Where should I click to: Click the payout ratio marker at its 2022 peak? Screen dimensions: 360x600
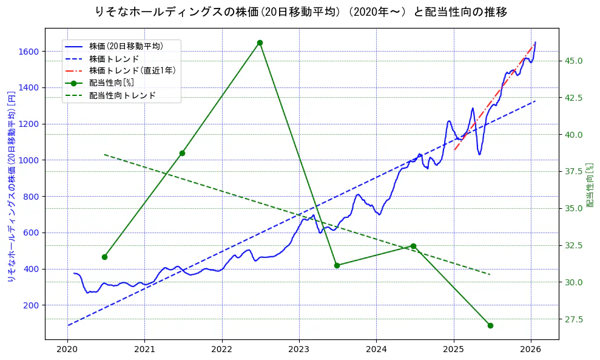[260, 42]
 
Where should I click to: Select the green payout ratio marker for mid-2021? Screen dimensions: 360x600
[182, 153]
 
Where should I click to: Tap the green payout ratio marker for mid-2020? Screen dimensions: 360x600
[104, 257]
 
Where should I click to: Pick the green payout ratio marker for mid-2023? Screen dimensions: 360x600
[337, 265]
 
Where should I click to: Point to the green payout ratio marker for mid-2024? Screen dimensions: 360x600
[413, 246]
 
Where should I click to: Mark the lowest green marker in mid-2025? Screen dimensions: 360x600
[490, 325]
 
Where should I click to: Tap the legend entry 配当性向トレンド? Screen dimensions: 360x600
[122, 95]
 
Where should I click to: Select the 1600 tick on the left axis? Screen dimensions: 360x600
[29, 52]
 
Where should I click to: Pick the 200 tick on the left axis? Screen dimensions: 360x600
[31, 305]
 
